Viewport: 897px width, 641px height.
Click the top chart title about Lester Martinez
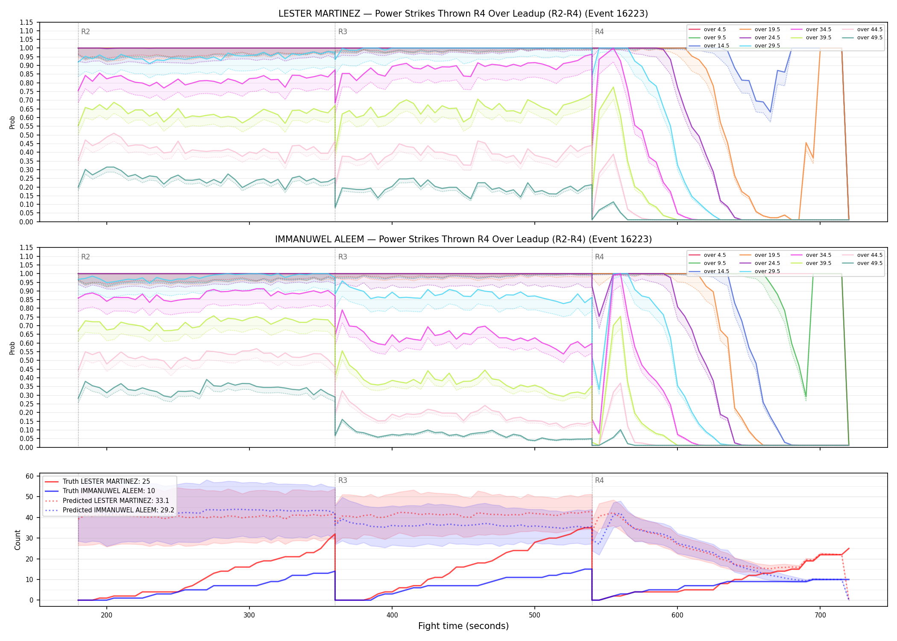pyautogui.click(x=463, y=14)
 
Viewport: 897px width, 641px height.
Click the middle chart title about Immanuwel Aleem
pyautogui.click(x=463, y=239)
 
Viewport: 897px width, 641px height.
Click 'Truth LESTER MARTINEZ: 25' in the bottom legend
pyautogui.click(x=106, y=481)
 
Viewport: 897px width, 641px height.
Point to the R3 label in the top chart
pyautogui.click(x=343, y=32)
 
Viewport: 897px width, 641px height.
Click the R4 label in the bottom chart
pyautogui.click(x=599, y=480)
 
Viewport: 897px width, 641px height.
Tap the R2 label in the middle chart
pyautogui.click(x=85, y=257)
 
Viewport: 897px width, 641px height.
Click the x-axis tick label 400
pyautogui.click(x=392, y=615)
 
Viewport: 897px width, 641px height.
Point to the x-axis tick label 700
pyautogui.click(x=820, y=615)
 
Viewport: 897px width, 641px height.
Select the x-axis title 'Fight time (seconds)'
pyautogui.click(x=463, y=626)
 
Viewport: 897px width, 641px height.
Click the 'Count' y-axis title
pyautogui.click(x=18, y=540)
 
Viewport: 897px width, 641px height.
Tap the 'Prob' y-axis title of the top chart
pyautogui.click(x=12, y=123)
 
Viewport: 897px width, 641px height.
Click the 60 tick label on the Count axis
pyautogui.click(x=29, y=476)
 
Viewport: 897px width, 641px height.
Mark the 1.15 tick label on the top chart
pyautogui.click(x=26, y=22)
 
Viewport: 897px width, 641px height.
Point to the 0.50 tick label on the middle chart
pyautogui.click(x=26, y=360)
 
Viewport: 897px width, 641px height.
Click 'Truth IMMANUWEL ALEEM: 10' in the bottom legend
pyautogui.click(x=108, y=491)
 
